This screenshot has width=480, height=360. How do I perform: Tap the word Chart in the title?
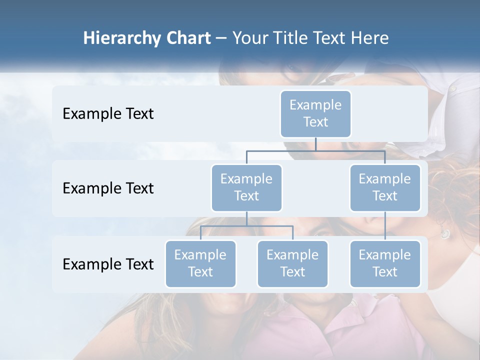[188, 38]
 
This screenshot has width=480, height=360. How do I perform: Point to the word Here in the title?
[369, 38]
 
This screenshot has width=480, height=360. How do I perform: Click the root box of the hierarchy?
[315, 113]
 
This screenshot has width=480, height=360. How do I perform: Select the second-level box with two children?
[246, 187]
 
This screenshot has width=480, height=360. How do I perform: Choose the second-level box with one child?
[385, 187]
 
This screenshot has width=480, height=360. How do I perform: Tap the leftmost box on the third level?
[200, 263]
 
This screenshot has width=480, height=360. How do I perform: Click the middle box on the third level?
[292, 263]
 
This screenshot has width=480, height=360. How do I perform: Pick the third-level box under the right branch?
[385, 263]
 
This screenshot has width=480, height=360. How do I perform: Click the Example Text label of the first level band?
[108, 113]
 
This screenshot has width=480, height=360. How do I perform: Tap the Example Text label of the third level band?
[108, 264]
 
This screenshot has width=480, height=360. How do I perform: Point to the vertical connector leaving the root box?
[315, 144]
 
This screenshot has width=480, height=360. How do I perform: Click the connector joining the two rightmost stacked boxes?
[385, 225]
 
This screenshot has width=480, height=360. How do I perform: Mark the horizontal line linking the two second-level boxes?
[315, 150]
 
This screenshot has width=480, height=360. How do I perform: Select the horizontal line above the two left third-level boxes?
[246, 226]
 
